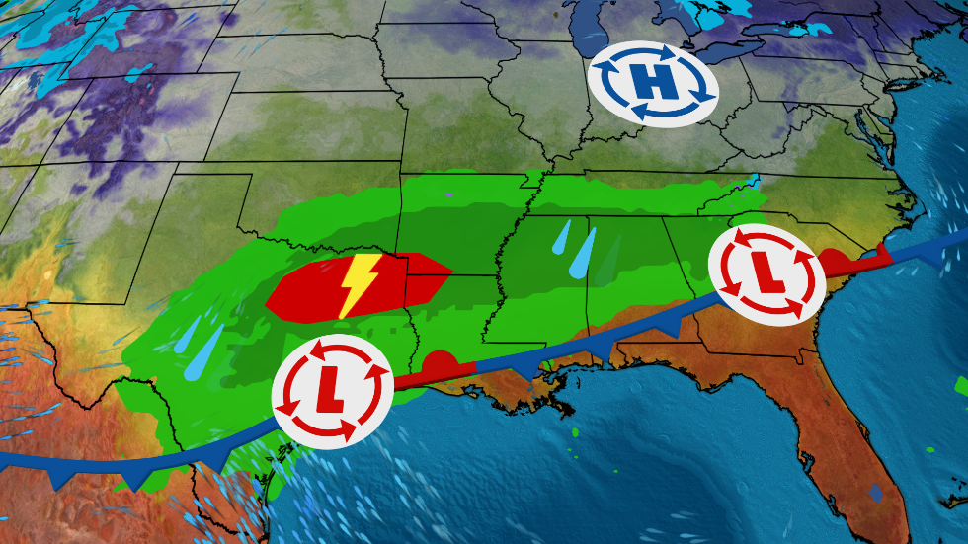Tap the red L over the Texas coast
click(x=332, y=391)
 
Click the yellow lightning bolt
click(x=357, y=286)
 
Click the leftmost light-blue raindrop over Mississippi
click(x=563, y=236)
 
